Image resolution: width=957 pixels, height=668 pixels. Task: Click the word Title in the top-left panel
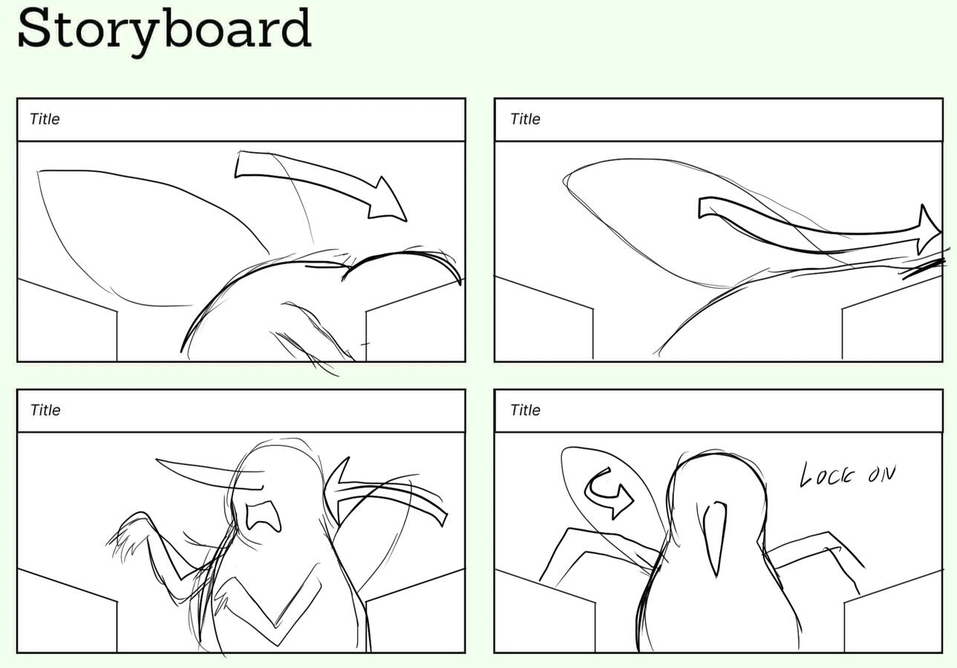click(45, 119)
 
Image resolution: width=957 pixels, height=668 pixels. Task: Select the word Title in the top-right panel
click(526, 119)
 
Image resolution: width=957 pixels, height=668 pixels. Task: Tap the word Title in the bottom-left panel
click(45, 410)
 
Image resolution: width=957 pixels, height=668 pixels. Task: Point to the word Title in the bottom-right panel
click(526, 410)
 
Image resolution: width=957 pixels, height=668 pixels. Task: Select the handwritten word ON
click(882, 474)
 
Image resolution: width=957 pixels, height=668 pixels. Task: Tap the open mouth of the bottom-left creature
click(264, 517)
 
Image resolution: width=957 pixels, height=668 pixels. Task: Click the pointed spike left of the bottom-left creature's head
click(209, 474)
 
